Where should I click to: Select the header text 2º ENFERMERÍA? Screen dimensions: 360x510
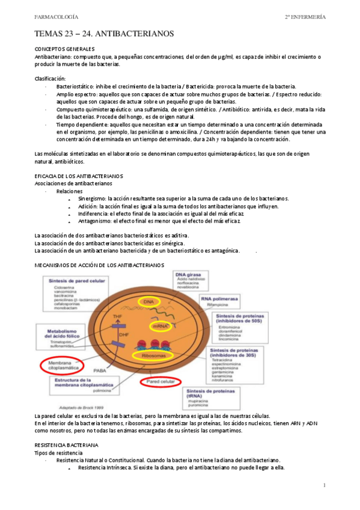point(305,17)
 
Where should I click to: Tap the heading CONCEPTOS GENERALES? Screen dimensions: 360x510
point(64,49)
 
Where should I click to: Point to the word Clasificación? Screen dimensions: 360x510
point(51,79)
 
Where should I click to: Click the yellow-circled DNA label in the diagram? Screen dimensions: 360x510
point(150,302)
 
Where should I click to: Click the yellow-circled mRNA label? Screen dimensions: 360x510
point(160,326)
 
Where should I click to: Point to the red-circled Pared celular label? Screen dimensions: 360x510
point(160,381)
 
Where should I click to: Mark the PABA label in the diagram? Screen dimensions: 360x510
point(118,370)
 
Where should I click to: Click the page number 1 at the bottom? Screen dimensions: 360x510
point(324,485)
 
